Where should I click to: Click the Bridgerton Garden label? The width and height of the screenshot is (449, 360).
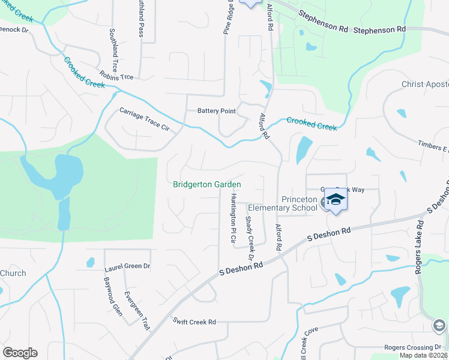[207, 184]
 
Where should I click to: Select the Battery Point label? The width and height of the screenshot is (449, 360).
[217, 111]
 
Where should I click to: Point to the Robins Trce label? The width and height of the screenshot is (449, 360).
[116, 77]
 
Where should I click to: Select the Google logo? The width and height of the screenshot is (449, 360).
[20, 353]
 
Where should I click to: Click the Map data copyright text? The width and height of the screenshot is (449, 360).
[424, 355]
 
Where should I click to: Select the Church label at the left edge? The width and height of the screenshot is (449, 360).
[13, 274]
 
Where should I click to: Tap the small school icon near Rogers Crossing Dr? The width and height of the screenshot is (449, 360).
[439, 325]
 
